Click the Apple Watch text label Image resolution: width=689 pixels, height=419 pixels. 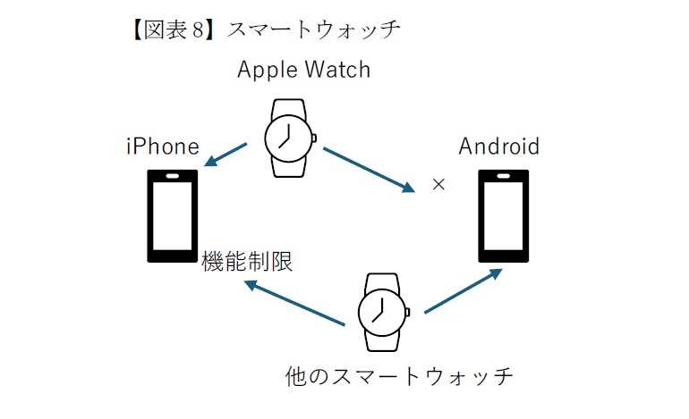(303, 70)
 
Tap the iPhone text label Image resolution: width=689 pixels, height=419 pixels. (162, 147)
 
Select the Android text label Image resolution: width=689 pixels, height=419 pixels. (499, 147)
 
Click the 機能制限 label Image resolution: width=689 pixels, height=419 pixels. (248, 261)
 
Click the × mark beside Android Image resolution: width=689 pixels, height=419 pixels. (438, 185)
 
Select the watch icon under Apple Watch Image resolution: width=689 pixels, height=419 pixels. (288, 138)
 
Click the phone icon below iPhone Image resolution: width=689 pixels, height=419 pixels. (172, 215)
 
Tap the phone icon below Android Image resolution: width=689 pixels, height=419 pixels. (504, 215)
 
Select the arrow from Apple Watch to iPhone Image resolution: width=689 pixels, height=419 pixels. (226, 154)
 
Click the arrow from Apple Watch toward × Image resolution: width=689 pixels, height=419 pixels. (369, 169)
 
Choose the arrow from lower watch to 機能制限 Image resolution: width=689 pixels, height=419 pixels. (295, 303)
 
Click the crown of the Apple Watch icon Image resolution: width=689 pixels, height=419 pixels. (314, 138)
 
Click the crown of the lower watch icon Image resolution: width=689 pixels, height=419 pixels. (408, 313)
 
